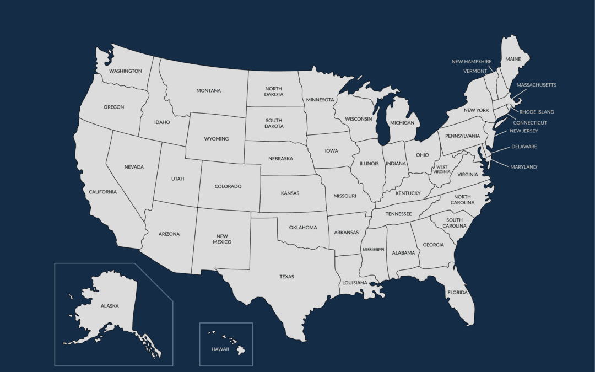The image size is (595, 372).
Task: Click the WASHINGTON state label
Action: pyautogui.click(x=125, y=71)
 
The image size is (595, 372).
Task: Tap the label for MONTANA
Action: pyautogui.click(x=208, y=91)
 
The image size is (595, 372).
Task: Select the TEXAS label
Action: pyautogui.click(x=286, y=277)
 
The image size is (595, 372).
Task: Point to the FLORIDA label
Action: pyautogui.click(x=457, y=293)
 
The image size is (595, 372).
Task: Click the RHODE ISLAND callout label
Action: pyautogui.click(x=537, y=112)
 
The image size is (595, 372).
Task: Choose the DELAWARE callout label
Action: pyautogui.click(x=524, y=147)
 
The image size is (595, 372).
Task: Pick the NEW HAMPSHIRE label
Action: pyautogui.click(x=472, y=62)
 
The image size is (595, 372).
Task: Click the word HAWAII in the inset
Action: pyautogui.click(x=221, y=349)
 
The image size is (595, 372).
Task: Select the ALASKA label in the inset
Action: pyautogui.click(x=109, y=306)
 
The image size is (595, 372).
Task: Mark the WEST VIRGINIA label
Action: pyautogui.click(x=442, y=169)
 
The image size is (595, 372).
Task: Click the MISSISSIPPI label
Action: pyautogui.click(x=373, y=250)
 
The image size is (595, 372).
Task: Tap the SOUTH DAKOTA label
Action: pyautogui.click(x=274, y=123)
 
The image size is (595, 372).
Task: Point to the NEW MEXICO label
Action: pyautogui.click(x=223, y=239)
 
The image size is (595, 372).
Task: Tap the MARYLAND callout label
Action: pyautogui.click(x=523, y=167)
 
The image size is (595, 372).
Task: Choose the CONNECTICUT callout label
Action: pyautogui.click(x=530, y=123)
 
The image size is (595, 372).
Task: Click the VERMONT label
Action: pyautogui.click(x=475, y=71)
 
